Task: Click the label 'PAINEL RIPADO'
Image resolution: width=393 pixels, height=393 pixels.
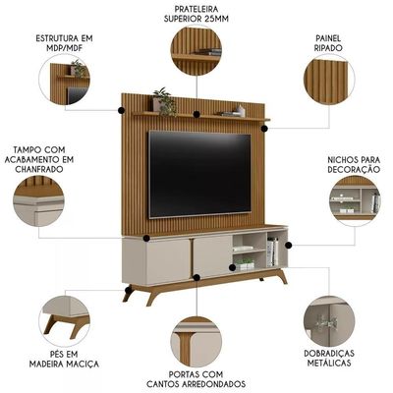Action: (x=328, y=43)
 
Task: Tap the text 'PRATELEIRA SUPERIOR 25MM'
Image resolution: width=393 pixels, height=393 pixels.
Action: (x=196, y=14)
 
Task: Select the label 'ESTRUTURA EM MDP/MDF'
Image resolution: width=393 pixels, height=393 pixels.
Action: (x=64, y=43)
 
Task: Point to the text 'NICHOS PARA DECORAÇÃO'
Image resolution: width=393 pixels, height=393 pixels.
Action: (x=354, y=164)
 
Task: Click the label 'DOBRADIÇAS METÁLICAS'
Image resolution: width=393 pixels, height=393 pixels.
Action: (x=329, y=358)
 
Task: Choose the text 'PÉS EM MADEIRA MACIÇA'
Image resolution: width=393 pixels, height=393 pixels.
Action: (x=64, y=359)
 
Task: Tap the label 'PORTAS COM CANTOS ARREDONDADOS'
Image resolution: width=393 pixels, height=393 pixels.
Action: (x=196, y=379)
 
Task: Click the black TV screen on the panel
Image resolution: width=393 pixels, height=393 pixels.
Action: (x=200, y=174)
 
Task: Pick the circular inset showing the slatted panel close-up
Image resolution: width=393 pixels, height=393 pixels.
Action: (x=329, y=80)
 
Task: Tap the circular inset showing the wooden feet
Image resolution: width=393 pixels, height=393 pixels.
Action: (x=64, y=321)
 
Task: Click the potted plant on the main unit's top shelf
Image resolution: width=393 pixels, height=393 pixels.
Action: (x=165, y=101)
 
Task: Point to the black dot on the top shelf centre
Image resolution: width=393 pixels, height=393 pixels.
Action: (x=196, y=114)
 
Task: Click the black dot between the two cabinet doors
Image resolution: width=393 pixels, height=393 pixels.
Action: (x=196, y=278)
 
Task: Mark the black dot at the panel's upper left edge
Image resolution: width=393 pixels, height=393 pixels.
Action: (x=121, y=110)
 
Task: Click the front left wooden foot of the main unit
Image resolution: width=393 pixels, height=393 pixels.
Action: (x=152, y=298)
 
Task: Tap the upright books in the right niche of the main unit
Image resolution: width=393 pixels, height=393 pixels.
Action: (x=273, y=252)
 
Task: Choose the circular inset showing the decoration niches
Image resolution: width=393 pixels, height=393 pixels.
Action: (x=355, y=200)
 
